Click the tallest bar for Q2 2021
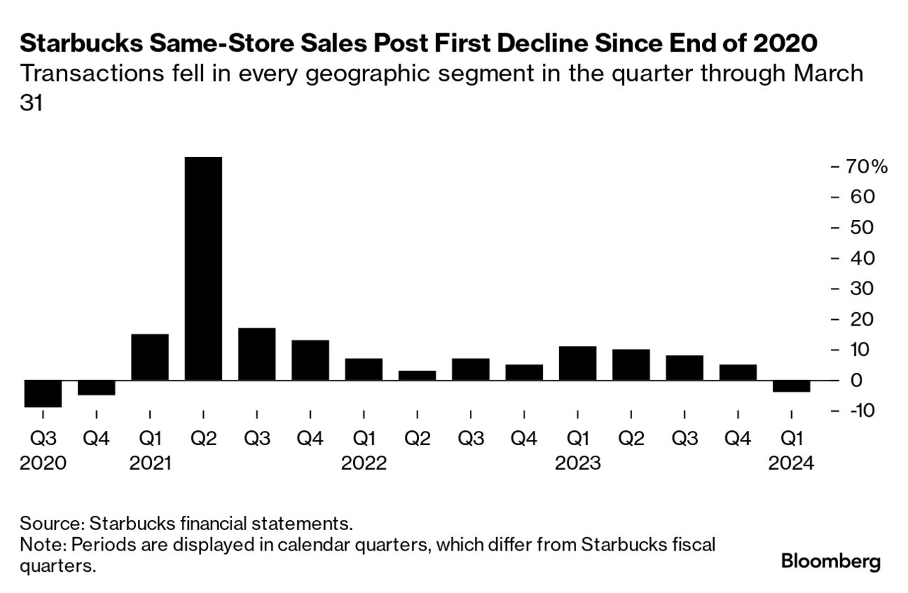click(x=203, y=269)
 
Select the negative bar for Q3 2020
click(x=43, y=393)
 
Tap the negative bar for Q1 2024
click(x=791, y=386)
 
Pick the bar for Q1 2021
click(x=150, y=357)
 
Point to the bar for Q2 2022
click(x=417, y=376)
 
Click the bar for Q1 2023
click(x=577, y=364)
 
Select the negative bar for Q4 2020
click(x=96, y=388)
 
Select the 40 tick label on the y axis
click(x=861, y=258)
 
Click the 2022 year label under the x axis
click(x=364, y=464)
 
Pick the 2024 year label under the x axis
click(x=791, y=464)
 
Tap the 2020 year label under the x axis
click(x=43, y=464)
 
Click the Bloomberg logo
click(x=831, y=562)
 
